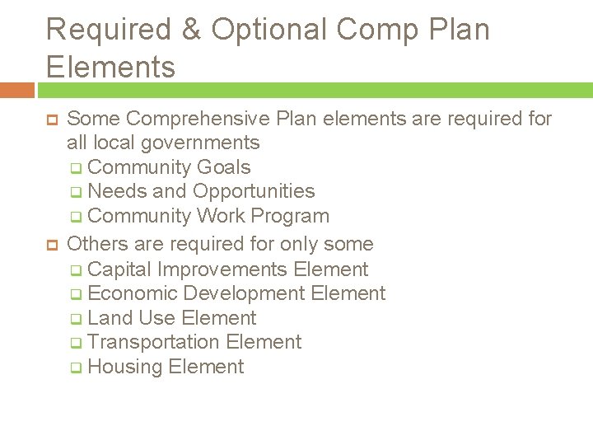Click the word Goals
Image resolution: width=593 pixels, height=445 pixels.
tap(224, 167)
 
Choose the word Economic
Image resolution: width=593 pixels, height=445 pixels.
tap(133, 293)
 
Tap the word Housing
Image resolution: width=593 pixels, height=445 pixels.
tap(124, 367)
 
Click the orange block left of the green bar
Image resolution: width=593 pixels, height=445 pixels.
tap(17, 90)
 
